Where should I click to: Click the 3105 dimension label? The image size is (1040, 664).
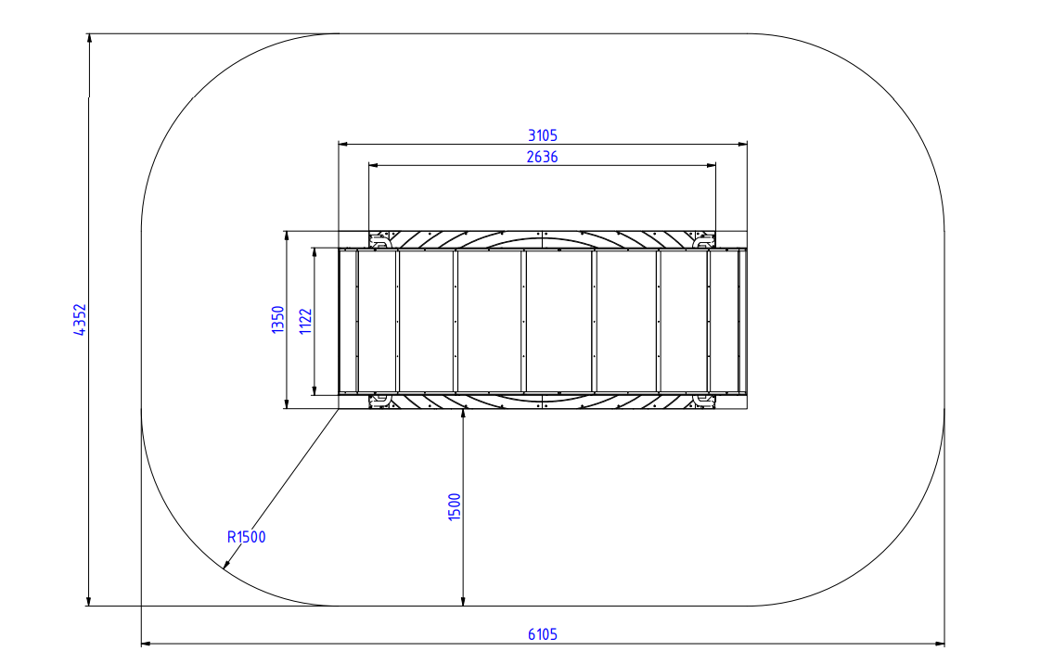543,135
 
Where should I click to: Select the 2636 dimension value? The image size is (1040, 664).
543,157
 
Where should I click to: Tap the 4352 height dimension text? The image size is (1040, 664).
80,319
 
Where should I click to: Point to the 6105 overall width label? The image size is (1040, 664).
543,634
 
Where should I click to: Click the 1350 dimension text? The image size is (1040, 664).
278,319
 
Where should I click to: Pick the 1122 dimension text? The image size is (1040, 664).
306,322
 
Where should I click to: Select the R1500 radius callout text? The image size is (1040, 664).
246,537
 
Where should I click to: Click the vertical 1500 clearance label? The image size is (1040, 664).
455,507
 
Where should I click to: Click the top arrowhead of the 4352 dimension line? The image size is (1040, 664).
89,38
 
